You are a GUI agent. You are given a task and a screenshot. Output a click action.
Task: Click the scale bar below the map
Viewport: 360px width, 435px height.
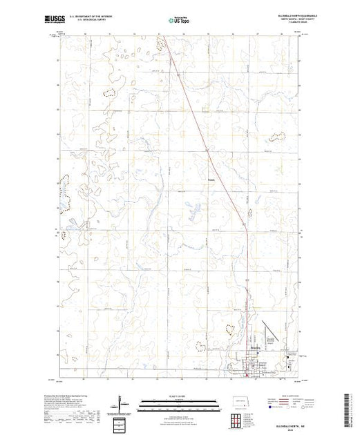pyautogui.click(x=179, y=400)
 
